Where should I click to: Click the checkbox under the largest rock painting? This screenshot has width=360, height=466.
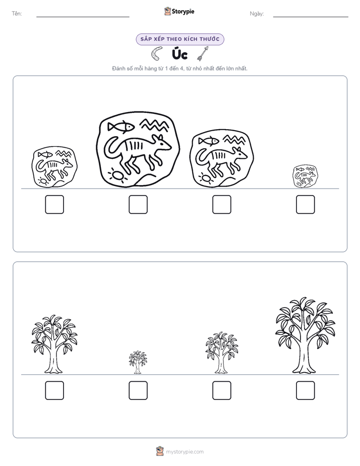pyautogui.click(x=138, y=204)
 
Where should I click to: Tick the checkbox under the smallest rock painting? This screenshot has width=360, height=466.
pyautogui.click(x=306, y=204)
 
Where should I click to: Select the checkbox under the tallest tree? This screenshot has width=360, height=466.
pyautogui.click(x=306, y=390)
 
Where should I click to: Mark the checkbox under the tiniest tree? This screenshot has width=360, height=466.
pyautogui.click(x=138, y=390)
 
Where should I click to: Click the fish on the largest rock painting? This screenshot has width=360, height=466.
pyautogui.click(x=121, y=127)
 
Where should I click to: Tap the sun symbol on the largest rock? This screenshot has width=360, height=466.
pyautogui.click(x=117, y=176)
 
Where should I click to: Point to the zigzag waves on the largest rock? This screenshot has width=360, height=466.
pyautogui.click(x=154, y=125)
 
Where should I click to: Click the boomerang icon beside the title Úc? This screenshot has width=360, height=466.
pyautogui.click(x=156, y=53)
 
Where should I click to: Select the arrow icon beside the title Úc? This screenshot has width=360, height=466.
pyautogui.click(x=203, y=53)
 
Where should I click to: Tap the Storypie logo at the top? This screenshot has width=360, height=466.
pyautogui.click(x=179, y=12)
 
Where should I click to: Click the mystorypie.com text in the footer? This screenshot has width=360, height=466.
pyautogui.click(x=185, y=452)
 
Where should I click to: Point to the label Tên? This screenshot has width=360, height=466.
pyautogui.click(x=17, y=14)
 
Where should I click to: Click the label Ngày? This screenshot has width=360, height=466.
pyautogui.click(x=257, y=14)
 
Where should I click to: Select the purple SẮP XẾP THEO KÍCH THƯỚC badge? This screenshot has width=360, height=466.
pyautogui.click(x=180, y=39)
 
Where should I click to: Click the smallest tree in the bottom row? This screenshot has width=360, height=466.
pyautogui.click(x=138, y=362)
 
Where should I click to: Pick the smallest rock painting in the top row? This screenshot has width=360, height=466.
pyautogui.click(x=305, y=177)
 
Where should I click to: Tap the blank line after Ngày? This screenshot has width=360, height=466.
pyautogui.click(x=311, y=17)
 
